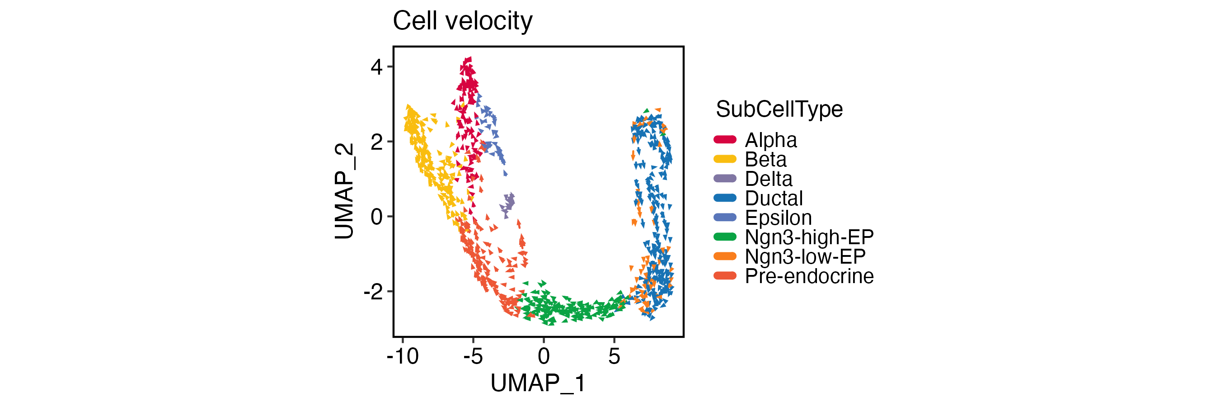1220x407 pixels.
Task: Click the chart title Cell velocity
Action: pos(462,21)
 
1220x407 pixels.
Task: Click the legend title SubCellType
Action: pos(779,109)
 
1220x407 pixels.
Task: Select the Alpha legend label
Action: pos(770,140)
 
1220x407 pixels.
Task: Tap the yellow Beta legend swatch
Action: pos(725,159)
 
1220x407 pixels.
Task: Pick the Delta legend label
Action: pos(768,179)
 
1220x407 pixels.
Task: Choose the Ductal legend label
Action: pos(774,199)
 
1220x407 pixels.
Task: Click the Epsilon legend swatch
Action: pos(725,218)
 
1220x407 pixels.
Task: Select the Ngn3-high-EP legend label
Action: pos(809,237)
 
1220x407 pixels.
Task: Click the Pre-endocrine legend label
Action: pos(809,276)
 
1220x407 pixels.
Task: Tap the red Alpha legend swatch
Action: pos(725,139)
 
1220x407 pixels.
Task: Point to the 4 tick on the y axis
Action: pos(376,67)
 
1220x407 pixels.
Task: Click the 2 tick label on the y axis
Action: pos(376,142)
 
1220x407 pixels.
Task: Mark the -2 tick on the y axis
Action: pos(373,292)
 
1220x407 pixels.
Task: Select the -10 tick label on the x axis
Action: pos(403,356)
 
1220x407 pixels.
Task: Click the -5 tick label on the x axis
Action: pos(473,356)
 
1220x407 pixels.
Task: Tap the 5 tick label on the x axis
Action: pos(614,356)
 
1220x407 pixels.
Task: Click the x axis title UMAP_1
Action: pos(538,383)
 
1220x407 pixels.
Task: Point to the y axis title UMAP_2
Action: pos(344,191)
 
